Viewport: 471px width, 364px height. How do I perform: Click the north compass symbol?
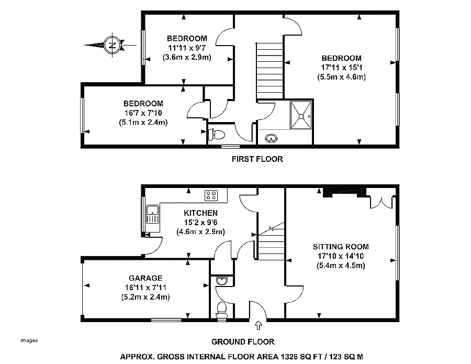[x=111, y=45]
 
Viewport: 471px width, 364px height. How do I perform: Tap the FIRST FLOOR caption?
[x=257, y=159]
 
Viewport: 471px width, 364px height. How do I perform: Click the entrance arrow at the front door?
[x=258, y=327]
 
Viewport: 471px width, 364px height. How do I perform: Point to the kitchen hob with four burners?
[x=212, y=195]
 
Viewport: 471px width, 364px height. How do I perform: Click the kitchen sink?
[x=153, y=214]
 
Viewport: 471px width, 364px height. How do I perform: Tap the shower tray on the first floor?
[x=300, y=114]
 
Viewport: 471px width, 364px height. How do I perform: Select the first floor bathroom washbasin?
[x=271, y=138]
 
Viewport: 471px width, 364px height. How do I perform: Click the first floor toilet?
[x=214, y=135]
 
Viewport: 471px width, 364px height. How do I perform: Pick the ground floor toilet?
[x=221, y=308]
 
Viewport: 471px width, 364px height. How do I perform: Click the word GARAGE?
[x=146, y=278]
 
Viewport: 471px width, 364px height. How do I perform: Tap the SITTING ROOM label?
[x=341, y=246]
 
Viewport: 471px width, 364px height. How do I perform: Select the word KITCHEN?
[x=200, y=213]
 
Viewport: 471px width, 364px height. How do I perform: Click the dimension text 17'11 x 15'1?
[x=341, y=67]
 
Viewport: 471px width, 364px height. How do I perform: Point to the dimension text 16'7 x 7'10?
[x=143, y=113]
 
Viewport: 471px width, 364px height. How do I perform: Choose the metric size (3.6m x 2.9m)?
[x=187, y=57]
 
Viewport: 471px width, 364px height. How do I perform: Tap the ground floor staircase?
[x=270, y=244]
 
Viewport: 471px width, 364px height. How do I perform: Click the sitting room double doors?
[x=380, y=201]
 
